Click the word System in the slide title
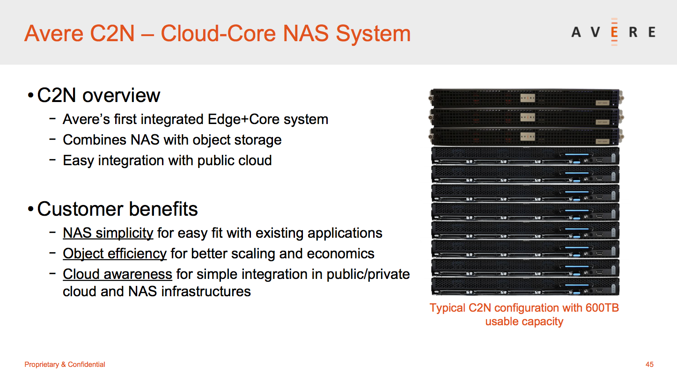click(x=373, y=34)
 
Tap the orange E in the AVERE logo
click(x=614, y=32)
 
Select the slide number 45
click(x=649, y=364)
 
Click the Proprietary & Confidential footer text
click(x=65, y=364)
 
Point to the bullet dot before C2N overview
click(x=30, y=95)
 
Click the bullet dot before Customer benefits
click(x=30, y=209)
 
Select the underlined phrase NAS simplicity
click(x=108, y=233)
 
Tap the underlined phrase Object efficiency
click(x=115, y=254)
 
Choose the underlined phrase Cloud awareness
click(x=118, y=274)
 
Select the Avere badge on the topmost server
click(x=528, y=98)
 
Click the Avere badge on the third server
click(x=528, y=137)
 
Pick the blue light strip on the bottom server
click(x=577, y=285)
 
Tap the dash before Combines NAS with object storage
click(x=52, y=139)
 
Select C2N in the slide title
click(x=112, y=34)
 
